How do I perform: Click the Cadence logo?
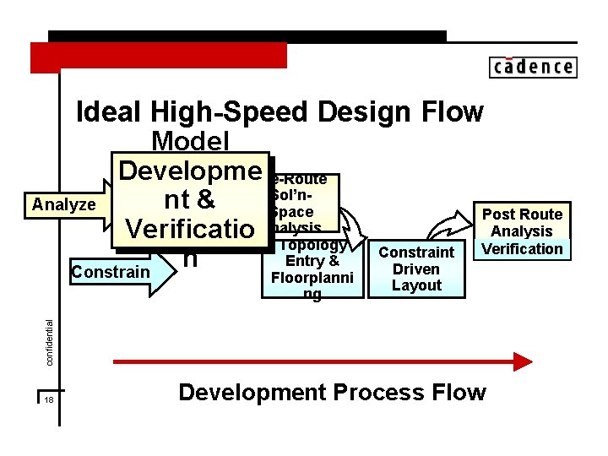(532, 67)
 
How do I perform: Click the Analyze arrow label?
(63, 204)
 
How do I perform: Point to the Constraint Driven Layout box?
(416, 269)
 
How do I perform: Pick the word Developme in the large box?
(190, 171)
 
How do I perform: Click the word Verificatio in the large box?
(190, 228)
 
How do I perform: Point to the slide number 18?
(49, 399)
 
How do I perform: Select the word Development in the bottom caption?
(252, 393)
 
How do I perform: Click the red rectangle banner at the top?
(159, 57)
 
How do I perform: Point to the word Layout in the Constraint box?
(416, 285)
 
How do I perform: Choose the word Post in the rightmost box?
(498, 214)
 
